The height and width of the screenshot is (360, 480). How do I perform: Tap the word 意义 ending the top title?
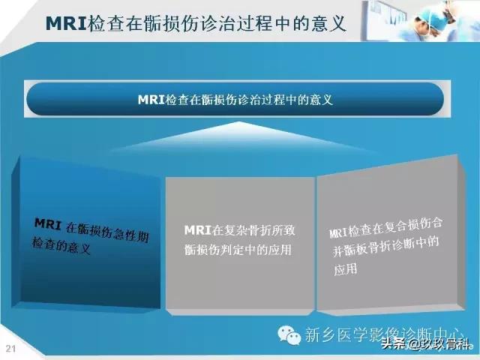tap(328, 23)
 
